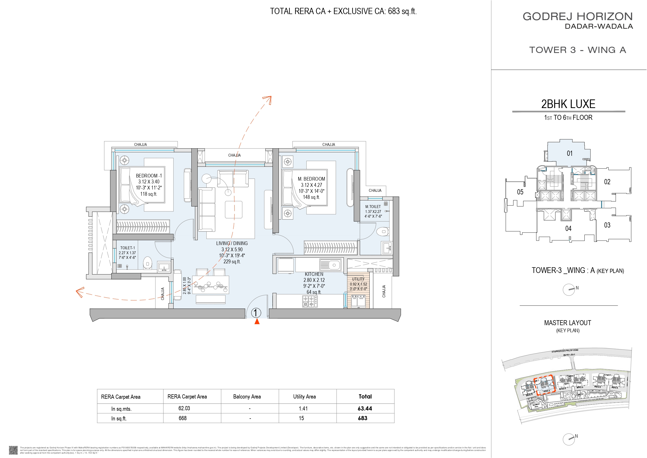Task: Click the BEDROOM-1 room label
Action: [x=149, y=176]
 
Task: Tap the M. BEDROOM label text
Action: [x=312, y=179]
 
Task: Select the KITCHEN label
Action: [x=314, y=274]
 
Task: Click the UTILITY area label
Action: [x=358, y=279]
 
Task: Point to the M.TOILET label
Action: [x=373, y=207]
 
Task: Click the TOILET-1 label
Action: [x=127, y=248]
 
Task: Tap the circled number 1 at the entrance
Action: [x=255, y=313]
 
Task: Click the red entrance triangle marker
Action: [x=257, y=322]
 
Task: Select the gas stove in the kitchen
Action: [x=310, y=301]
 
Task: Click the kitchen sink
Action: [x=330, y=265]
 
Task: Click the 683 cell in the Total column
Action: [x=362, y=418]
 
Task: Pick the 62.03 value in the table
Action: [x=184, y=408]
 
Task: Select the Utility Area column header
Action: [x=304, y=396]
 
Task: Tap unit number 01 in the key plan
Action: [x=570, y=153]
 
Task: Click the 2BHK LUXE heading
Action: [x=568, y=104]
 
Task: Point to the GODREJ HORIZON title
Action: [x=578, y=16]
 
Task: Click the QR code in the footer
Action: [x=13, y=450]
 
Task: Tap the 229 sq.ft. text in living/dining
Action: [x=232, y=261]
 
